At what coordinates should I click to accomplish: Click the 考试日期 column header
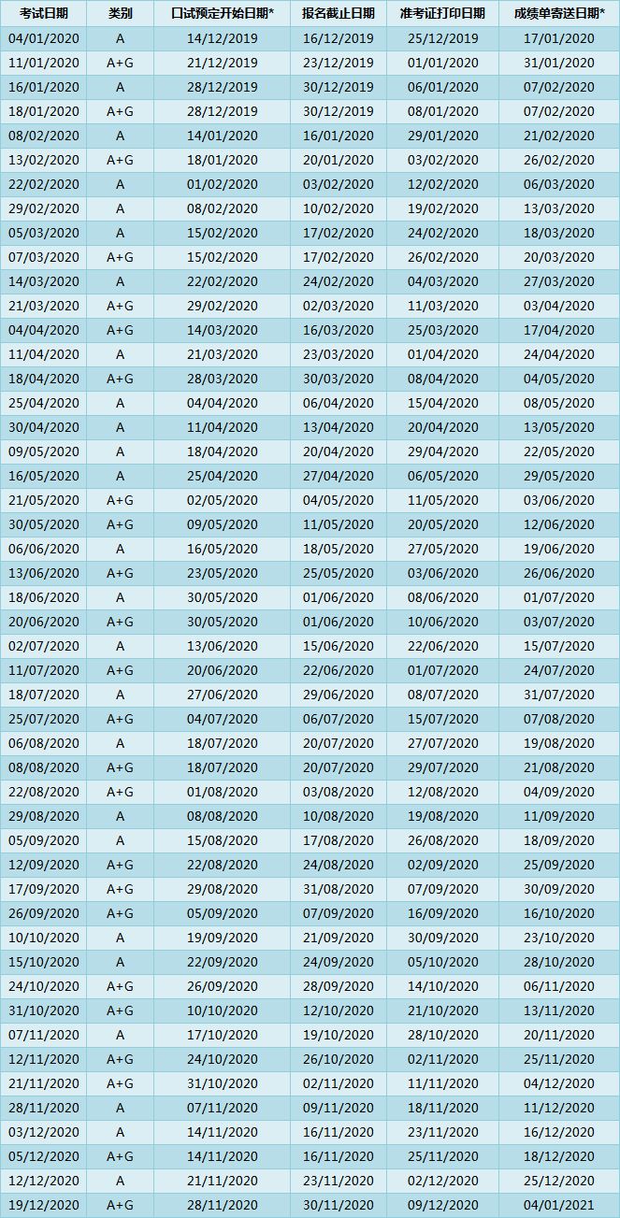43,14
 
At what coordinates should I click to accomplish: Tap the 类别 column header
120,14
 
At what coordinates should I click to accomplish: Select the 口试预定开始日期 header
222,14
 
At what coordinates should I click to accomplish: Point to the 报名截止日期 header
338,14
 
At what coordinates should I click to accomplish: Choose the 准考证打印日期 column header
442,14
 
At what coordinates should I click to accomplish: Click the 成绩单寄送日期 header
558,14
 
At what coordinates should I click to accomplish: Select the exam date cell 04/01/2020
43,38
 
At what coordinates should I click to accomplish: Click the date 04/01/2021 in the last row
558,1205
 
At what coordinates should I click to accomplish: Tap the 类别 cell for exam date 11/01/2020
120,63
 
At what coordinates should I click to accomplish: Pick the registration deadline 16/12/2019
338,38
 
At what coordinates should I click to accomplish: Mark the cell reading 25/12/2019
442,38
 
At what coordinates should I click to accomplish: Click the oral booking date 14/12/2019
222,38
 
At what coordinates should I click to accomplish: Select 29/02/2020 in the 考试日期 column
43,208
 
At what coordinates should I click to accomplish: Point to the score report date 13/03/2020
558,208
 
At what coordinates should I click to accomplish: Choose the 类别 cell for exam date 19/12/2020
120,1205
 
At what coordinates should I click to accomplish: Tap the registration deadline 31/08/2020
338,889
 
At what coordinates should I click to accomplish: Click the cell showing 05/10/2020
442,962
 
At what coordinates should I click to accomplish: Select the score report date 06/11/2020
558,986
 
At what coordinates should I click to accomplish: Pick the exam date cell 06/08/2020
43,743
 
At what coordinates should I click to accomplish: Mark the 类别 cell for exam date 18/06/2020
120,597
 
